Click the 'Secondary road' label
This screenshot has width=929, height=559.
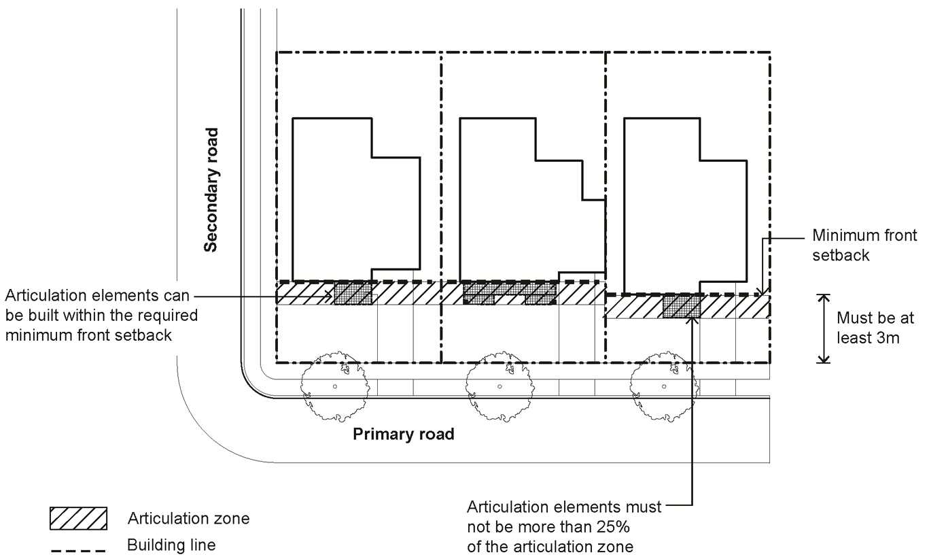tap(212, 190)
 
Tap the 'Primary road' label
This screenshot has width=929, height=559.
tap(403, 435)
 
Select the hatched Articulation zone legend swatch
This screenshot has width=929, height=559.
tap(79, 519)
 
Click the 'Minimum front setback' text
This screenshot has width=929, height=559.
tap(864, 245)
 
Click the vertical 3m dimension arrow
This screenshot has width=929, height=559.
tap(824, 328)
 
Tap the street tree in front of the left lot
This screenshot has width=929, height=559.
tap(334, 386)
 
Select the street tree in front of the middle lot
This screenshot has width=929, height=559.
tap(498, 386)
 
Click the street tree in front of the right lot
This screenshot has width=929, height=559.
tap(663, 386)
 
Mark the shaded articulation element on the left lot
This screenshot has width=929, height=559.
tap(352, 293)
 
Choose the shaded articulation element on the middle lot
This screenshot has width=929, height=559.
tap(509, 293)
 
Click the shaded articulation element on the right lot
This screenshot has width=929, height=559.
tap(682, 307)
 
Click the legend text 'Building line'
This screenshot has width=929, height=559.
tap(171, 545)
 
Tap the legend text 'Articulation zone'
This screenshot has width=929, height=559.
tap(188, 519)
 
